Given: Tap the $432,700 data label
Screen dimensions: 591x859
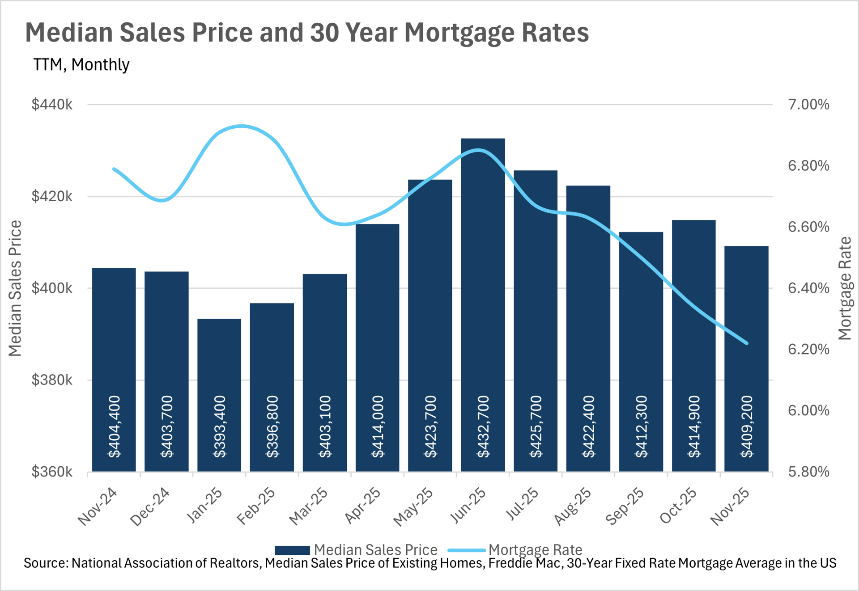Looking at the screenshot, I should pos(483,426).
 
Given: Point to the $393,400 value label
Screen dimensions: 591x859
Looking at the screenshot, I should pos(220,426).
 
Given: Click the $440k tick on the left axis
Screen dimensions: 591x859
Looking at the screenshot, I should pos(52,105).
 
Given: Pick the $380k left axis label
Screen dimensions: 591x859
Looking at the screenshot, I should pos(52,380).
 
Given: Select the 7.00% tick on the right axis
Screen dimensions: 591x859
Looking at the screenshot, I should pos(808,105).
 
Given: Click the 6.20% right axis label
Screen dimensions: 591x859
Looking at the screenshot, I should pos(808,349).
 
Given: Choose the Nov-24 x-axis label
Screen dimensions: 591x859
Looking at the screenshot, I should pos(98,507).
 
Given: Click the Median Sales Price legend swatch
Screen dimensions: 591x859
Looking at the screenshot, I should pos(292,550).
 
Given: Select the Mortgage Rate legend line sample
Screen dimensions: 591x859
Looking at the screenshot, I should pos(467,550).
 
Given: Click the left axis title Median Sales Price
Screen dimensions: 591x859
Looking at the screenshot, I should pos(15,288).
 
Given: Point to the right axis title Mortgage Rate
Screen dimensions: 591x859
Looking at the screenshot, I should pos(844,288).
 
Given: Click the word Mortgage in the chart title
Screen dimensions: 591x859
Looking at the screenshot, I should pos(451,33).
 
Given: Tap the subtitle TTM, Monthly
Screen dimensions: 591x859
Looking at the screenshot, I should pos(81,65).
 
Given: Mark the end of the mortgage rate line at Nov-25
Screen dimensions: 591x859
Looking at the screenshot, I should pos(746,343).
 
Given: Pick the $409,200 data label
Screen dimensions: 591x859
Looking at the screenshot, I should pos(747,426).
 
